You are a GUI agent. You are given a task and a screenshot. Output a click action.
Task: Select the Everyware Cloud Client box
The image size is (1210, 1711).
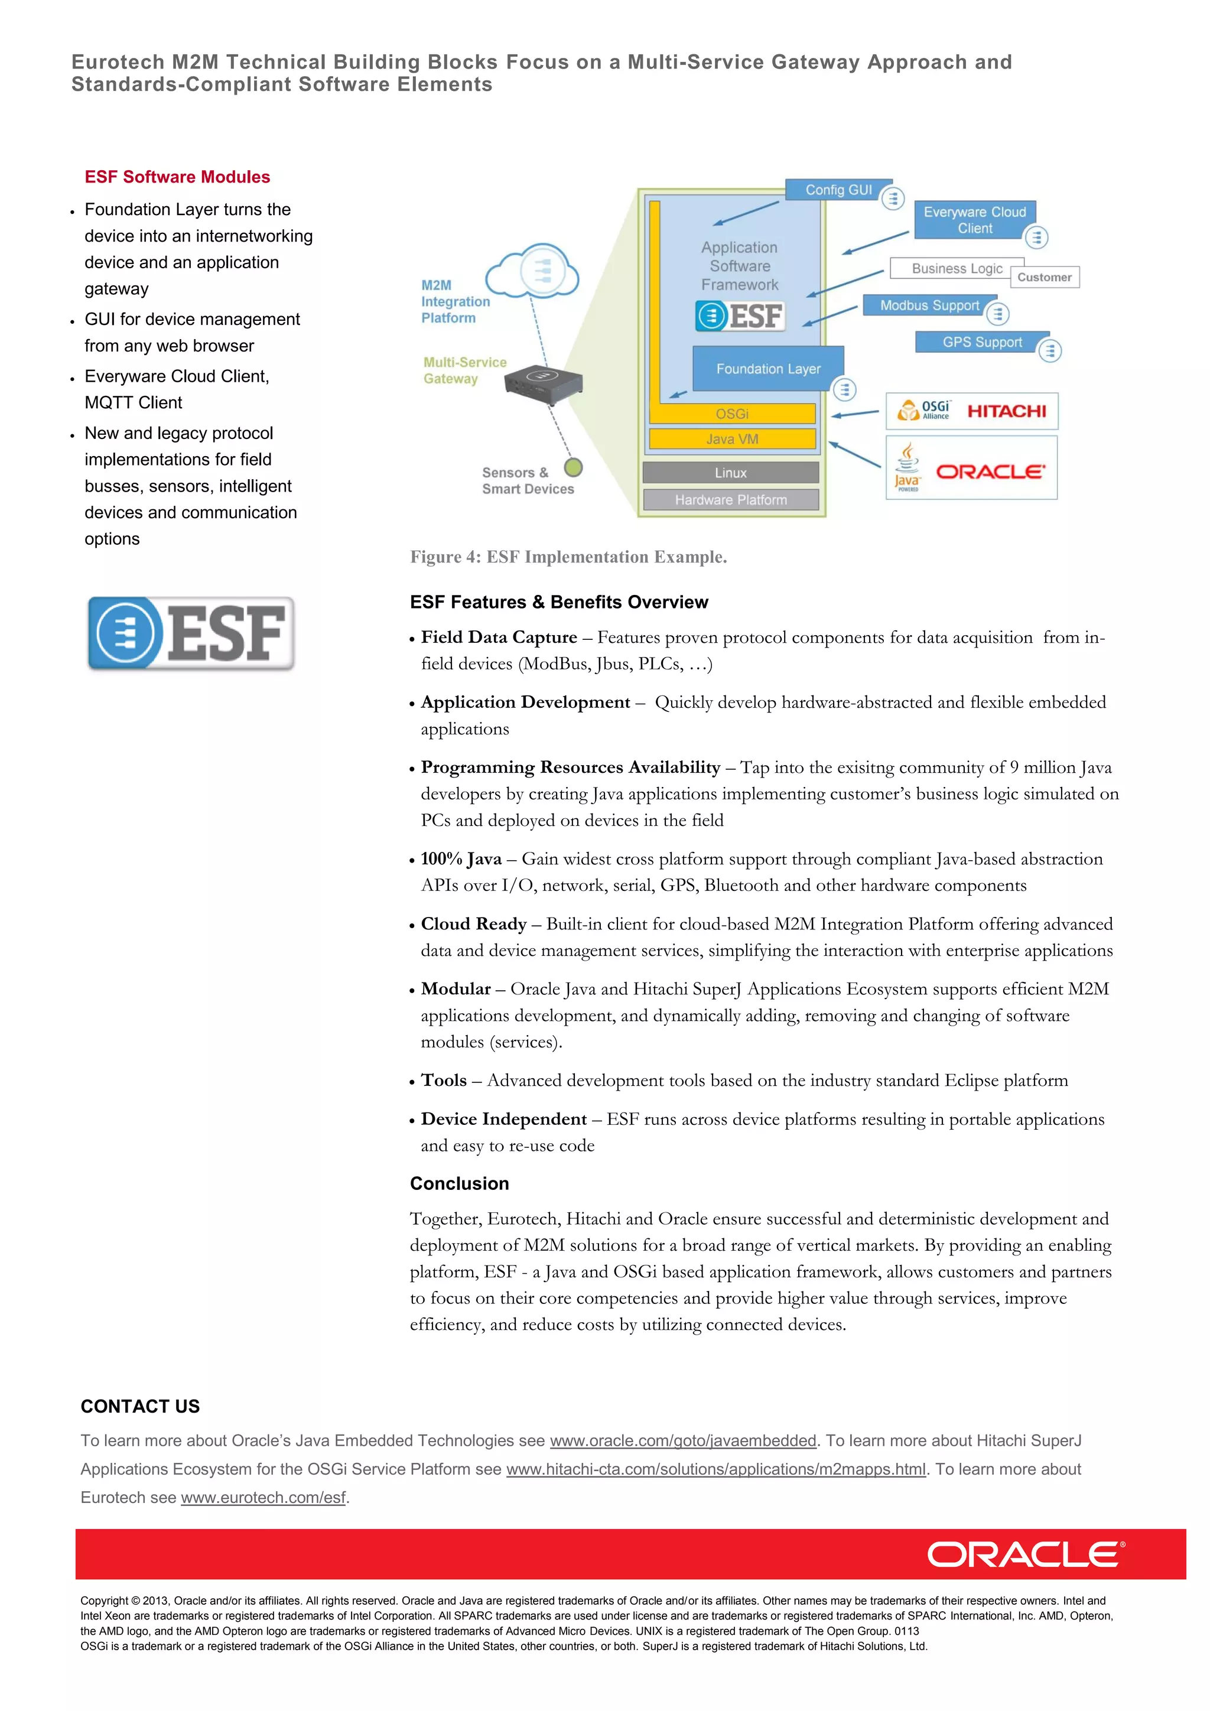point(974,220)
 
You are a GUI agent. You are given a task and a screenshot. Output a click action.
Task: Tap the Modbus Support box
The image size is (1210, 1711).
point(929,305)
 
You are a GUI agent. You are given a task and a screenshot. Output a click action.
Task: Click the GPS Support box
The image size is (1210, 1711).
point(981,341)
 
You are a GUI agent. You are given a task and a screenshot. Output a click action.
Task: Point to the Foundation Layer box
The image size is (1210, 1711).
point(767,368)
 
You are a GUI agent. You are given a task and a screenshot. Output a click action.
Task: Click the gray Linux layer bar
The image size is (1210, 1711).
point(730,473)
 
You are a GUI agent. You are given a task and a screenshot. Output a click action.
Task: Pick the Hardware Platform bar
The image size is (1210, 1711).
point(730,499)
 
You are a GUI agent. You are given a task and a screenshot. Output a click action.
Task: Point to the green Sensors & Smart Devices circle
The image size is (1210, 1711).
point(573,467)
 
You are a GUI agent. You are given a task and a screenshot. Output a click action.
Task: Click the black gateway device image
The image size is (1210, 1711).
point(543,382)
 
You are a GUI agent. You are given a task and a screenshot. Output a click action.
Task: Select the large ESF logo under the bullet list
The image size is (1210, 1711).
point(191,633)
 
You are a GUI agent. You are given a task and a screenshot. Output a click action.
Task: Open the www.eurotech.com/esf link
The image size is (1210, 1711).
point(263,1497)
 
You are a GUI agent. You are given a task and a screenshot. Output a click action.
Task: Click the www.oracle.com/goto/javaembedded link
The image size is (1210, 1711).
point(682,1440)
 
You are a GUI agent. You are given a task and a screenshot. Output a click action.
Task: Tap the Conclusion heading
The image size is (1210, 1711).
point(459,1183)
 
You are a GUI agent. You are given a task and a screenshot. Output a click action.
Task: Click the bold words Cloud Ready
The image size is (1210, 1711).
point(473,923)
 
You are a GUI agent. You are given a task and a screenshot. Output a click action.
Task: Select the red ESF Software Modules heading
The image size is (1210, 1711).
point(177,177)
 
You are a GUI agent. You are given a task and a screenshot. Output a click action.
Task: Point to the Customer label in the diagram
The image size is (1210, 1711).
point(1044,277)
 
